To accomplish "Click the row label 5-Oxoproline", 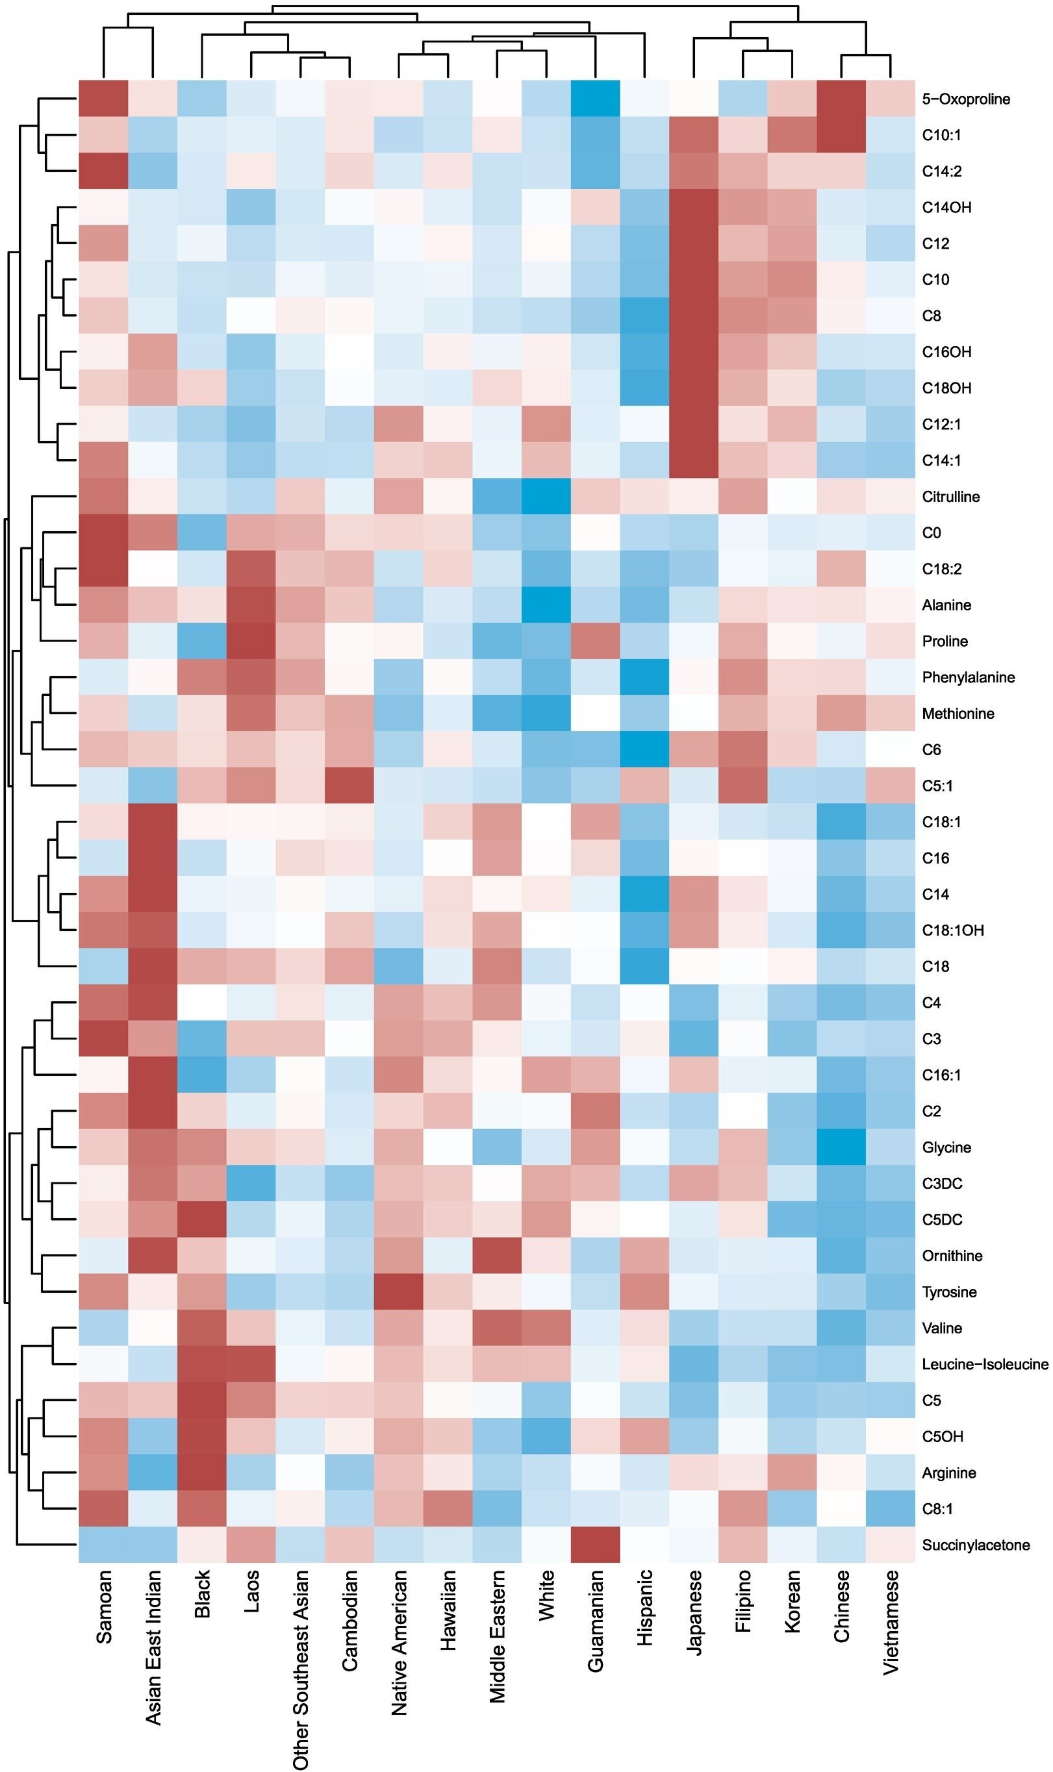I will tap(966, 99).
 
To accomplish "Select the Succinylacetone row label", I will tap(976, 1545).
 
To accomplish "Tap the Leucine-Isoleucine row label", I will tap(985, 1364).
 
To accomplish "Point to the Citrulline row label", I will tap(951, 496).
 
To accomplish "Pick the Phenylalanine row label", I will tap(968, 677).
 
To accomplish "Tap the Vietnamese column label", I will tap(891, 1632).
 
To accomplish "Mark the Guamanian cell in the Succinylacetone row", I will tap(595, 1545).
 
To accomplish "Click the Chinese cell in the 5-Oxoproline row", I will tap(841, 99).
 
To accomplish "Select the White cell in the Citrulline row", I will tap(546, 496).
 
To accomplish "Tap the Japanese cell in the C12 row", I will tap(694, 243).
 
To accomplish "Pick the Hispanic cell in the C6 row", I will tap(644, 749).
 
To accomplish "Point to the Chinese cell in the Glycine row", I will tap(841, 1147).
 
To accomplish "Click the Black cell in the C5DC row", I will tap(202, 1219).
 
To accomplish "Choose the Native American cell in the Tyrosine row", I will tap(400, 1292).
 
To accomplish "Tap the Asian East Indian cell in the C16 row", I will tap(153, 858).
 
